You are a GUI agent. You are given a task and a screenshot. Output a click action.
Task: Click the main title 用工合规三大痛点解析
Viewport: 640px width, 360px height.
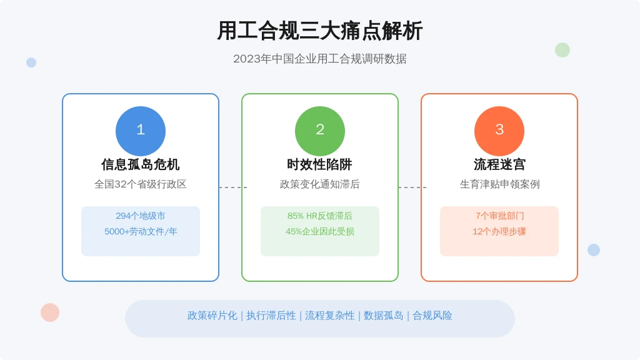coord(319,31)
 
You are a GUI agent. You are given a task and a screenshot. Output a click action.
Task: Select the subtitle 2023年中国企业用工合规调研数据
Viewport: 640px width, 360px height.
coord(319,59)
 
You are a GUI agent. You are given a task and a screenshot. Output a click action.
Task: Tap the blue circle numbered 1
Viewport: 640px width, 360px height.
coord(141,131)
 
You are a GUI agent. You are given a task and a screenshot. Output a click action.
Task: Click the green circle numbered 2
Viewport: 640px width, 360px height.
coord(320,131)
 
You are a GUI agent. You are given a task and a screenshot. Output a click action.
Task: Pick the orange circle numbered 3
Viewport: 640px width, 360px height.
coord(499,131)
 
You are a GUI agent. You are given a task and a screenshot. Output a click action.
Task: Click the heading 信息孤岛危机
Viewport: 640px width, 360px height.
coord(141,164)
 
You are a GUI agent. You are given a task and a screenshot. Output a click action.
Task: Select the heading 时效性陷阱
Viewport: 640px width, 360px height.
coord(319,164)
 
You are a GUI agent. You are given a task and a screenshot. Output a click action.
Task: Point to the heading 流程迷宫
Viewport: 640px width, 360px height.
coord(499,164)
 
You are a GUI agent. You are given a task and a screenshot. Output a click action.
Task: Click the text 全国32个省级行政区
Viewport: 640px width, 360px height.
coord(141,184)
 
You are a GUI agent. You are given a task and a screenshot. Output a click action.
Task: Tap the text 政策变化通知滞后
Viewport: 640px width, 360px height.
coord(319,184)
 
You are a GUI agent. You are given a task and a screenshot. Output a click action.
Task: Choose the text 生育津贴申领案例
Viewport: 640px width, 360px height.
coord(499,184)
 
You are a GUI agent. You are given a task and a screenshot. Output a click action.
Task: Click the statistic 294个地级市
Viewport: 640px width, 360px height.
coord(141,216)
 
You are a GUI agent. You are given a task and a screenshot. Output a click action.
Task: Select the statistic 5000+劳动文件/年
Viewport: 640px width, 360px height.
coord(141,231)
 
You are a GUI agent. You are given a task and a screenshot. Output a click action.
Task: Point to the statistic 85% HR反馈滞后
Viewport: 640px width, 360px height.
coord(319,216)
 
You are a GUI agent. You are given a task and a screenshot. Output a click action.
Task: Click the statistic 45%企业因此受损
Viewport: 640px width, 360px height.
coord(319,231)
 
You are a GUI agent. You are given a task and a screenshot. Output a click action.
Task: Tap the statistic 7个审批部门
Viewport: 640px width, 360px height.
coord(499,216)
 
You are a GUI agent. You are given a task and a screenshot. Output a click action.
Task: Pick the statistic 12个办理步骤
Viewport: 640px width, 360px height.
coord(499,231)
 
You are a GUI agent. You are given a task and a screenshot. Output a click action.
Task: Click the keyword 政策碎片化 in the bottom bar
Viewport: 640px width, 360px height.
coord(212,316)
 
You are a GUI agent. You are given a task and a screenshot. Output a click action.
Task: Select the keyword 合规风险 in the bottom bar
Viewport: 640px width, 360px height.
coord(432,316)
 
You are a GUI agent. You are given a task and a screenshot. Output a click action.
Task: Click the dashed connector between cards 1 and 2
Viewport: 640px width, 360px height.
coord(233,187)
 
